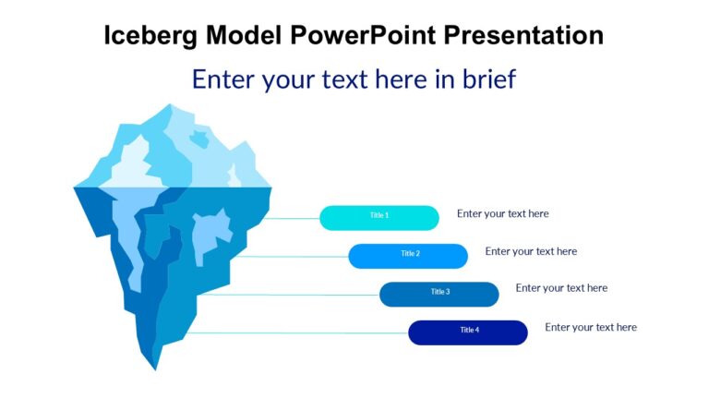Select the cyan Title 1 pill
379,217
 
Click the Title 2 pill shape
408,256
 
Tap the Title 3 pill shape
439,294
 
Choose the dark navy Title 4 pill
468,332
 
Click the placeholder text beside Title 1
502,214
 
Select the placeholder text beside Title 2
531,251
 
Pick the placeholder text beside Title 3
561,288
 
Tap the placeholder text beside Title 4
591,327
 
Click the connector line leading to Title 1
291,219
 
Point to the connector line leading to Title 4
295,332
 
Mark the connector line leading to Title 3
291,295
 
